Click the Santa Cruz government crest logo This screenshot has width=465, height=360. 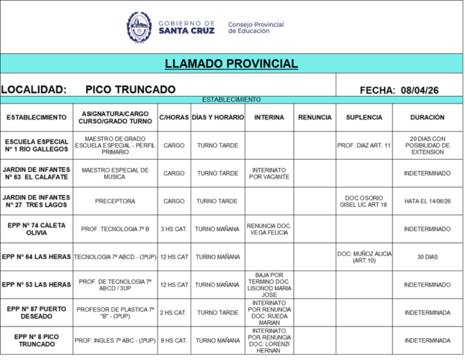tap(139, 27)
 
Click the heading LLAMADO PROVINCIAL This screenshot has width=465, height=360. tap(231, 64)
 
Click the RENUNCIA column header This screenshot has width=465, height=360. tap(314, 118)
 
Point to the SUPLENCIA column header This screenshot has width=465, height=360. tap(364, 118)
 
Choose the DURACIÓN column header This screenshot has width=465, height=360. tap(427, 118)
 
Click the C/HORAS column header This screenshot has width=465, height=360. tap(174, 118)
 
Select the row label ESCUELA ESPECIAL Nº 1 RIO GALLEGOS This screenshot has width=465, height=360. tap(37, 145)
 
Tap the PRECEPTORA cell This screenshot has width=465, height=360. tap(115, 201)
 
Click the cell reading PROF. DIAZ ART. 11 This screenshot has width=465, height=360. tap(364, 145)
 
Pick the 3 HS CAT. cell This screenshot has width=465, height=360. tap(174, 229)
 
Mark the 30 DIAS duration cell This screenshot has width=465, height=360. tap(427, 256)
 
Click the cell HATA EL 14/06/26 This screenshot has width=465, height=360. tap(427, 201)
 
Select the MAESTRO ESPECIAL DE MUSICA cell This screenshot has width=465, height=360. tap(115, 173)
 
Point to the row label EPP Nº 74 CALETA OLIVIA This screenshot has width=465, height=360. tap(37, 229)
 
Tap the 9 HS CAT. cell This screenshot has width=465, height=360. tap(174, 340)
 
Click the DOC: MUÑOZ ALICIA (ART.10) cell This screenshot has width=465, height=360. tap(364, 256)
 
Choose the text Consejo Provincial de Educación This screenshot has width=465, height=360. tap(255, 28)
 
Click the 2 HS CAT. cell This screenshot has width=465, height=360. tap(174, 313)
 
